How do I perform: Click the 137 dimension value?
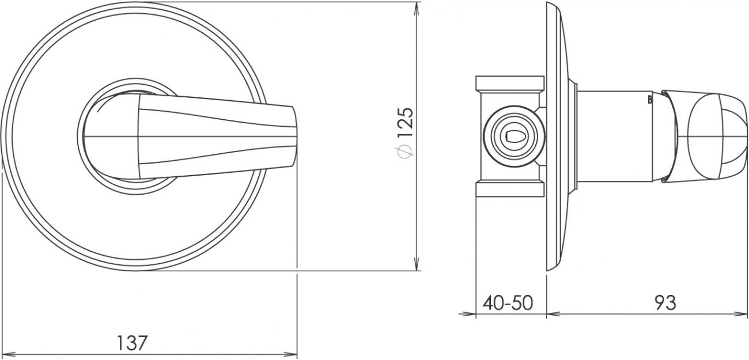point(132,343)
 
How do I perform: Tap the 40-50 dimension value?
point(508,303)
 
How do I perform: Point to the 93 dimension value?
point(665,303)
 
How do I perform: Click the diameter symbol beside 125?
point(405,151)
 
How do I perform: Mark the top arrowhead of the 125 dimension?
point(417,9)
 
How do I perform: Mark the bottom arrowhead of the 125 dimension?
point(417,263)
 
